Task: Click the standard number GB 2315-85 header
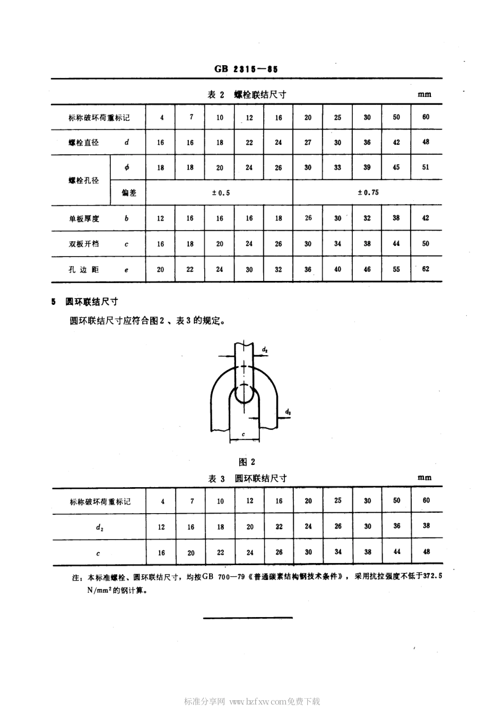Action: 246,69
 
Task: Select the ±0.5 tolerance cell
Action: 221,193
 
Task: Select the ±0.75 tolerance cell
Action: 368,192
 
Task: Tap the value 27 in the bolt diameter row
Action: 308,142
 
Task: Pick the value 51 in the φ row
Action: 425,167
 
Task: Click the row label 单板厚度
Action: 84,218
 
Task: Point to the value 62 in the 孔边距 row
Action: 425,269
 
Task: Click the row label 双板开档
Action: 84,244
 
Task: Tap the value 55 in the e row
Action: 396,269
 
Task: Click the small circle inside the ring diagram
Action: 244,393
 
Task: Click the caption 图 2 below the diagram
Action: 247,462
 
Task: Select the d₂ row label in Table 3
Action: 99,527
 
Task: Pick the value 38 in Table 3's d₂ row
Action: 426,526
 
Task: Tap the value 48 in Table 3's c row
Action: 426,552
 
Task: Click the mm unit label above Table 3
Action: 424,478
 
